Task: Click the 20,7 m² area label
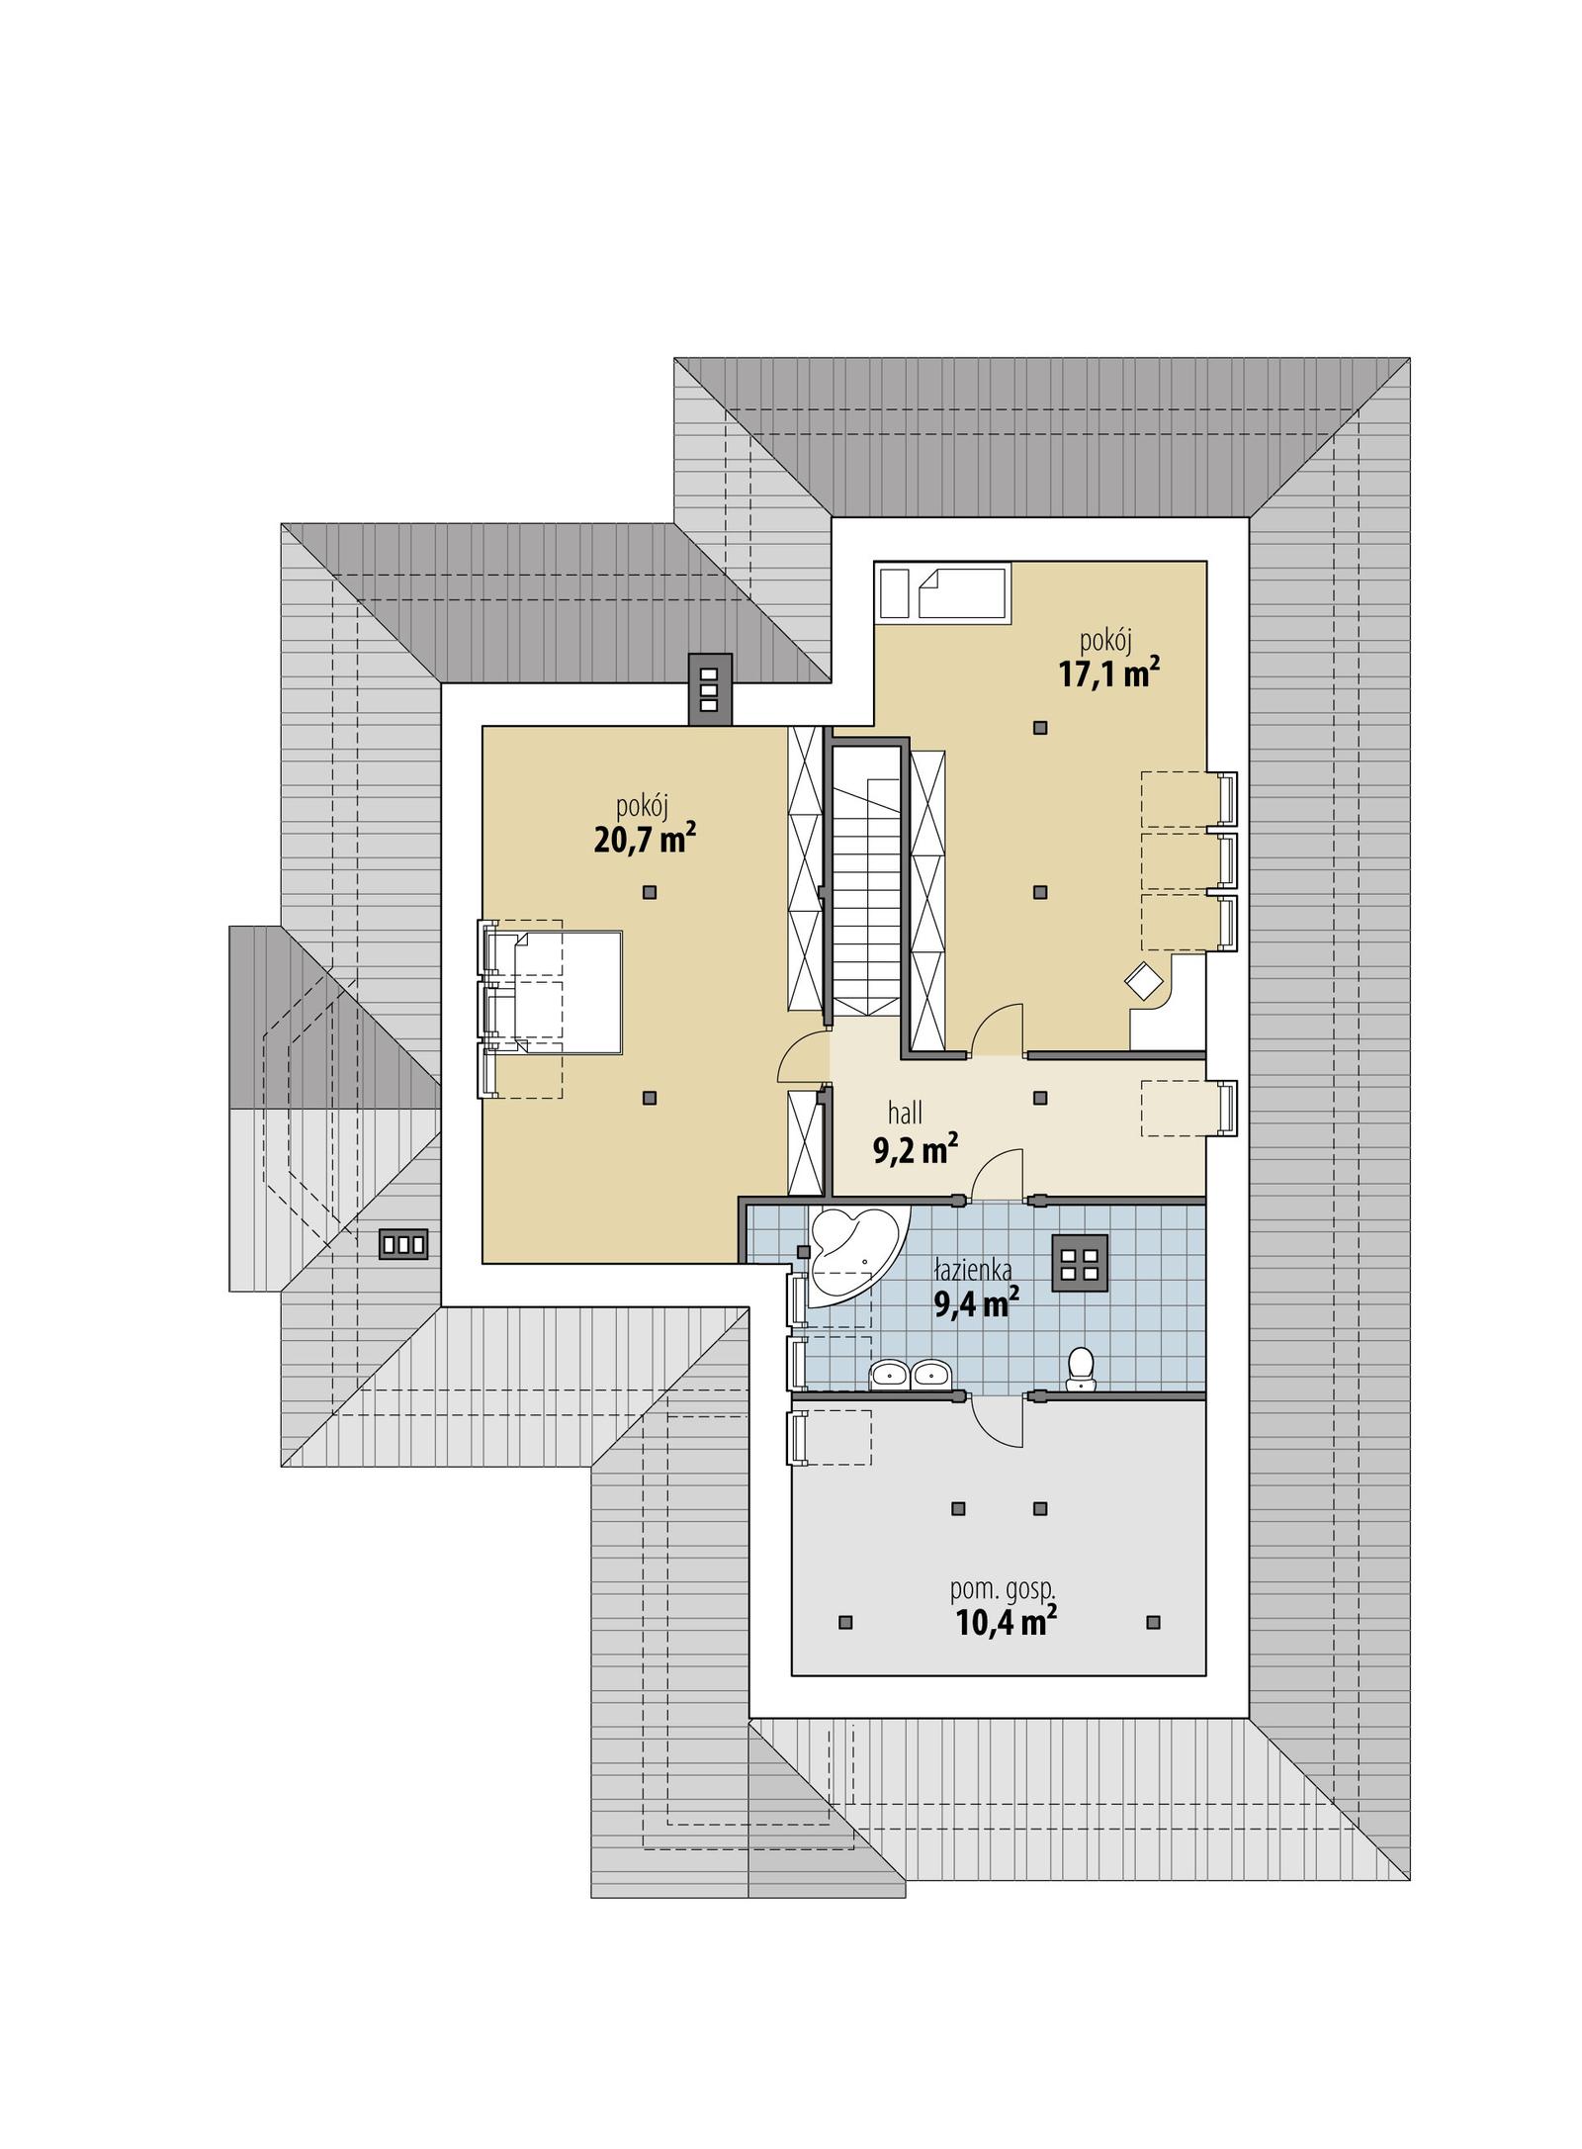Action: coord(644,841)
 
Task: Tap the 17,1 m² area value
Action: coord(1107,675)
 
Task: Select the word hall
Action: coord(905,1114)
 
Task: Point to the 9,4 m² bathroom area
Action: coord(976,1305)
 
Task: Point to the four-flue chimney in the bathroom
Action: coord(1080,1264)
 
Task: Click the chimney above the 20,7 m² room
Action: coord(709,689)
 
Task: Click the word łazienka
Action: coord(973,1271)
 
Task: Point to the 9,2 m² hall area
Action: coord(914,1149)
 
